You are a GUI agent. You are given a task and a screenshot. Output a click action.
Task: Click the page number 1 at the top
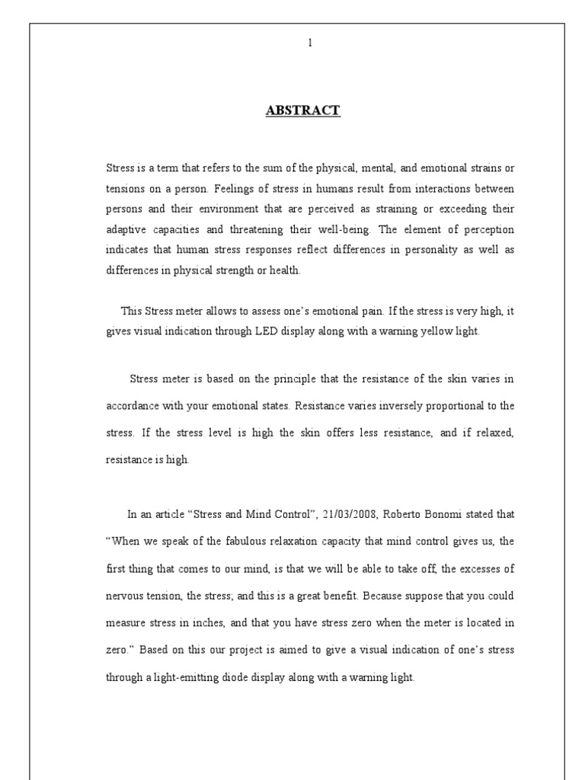click(x=309, y=43)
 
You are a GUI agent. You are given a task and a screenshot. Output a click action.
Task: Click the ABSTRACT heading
click(x=302, y=111)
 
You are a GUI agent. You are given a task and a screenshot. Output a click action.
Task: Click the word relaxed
click(x=494, y=433)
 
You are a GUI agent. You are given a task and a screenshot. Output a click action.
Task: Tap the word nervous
click(x=125, y=596)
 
